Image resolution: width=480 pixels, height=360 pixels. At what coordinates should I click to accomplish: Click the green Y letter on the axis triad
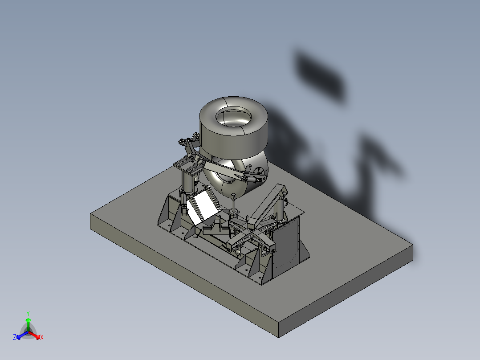(x=28, y=313)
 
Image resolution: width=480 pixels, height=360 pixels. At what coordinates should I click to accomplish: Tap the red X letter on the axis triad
(x=42, y=337)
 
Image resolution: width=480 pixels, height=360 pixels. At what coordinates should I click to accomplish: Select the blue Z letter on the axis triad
(x=15, y=337)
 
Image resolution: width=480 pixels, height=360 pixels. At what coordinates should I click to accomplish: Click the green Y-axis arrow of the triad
(x=28, y=323)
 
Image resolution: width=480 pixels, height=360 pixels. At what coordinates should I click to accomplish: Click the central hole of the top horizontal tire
(x=233, y=117)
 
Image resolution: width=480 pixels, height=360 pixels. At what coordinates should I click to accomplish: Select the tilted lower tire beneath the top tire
(x=223, y=178)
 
